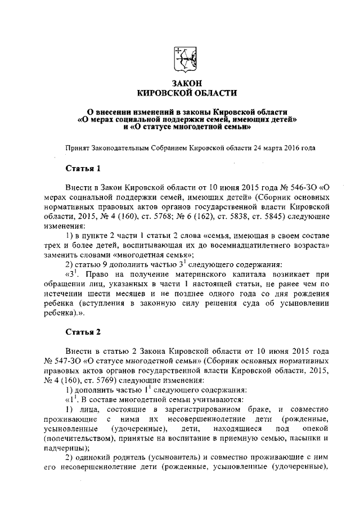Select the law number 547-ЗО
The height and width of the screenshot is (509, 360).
[x=70, y=359]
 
